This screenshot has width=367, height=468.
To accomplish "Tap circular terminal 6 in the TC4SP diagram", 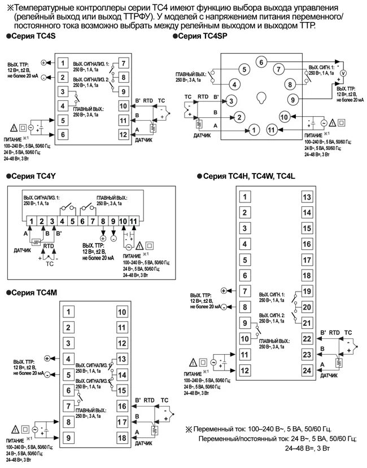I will click(x=260, y=61).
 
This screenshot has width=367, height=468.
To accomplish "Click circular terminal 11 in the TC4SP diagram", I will click(x=272, y=130).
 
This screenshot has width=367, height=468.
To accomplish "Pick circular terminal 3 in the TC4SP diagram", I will click(x=231, y=101).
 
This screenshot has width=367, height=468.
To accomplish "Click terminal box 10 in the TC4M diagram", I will click(x=121, y=311).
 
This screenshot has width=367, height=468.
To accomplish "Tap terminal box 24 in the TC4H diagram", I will click(x=307, y=370).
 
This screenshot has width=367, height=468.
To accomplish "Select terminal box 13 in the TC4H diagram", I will click(x=307, y=197).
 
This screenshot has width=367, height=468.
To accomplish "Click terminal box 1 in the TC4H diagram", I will click(x=244, y=197).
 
